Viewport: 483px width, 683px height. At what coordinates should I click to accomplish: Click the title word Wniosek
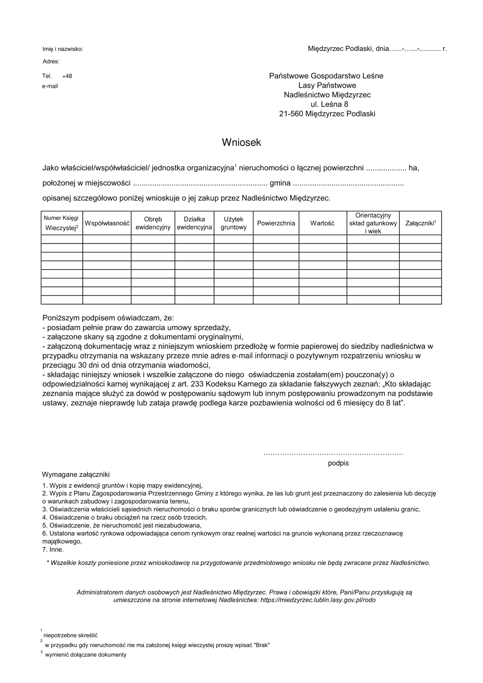[x=241, y=142]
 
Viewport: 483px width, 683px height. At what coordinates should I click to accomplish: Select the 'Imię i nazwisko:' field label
[x=62, y=49]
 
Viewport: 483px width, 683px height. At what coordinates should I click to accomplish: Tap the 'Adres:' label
[x=51, y=62]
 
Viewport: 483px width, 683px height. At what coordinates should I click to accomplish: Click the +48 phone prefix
[x=67, y=76]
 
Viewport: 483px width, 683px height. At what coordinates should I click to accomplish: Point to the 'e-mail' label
[x=50, y=86]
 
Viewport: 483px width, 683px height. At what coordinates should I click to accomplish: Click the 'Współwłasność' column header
[x=107, y=223]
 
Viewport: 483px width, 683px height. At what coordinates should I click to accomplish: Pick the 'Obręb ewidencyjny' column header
[x=153, y=223]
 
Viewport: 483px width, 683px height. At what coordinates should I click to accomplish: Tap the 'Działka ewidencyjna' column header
[x=194, y=223]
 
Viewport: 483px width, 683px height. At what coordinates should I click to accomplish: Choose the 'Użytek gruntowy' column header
[x=233, y=223]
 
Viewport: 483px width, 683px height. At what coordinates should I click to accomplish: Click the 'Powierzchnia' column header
[x=276, y=223]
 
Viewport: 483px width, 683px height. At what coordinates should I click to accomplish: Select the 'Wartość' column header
[x=322, y=223]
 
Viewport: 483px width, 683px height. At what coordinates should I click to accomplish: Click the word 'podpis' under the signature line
[x=338, y=463]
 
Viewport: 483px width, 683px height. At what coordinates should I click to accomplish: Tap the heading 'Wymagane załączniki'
[x=76, y=474]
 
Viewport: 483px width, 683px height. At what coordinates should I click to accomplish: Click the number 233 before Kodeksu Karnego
[x=197, y=384]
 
